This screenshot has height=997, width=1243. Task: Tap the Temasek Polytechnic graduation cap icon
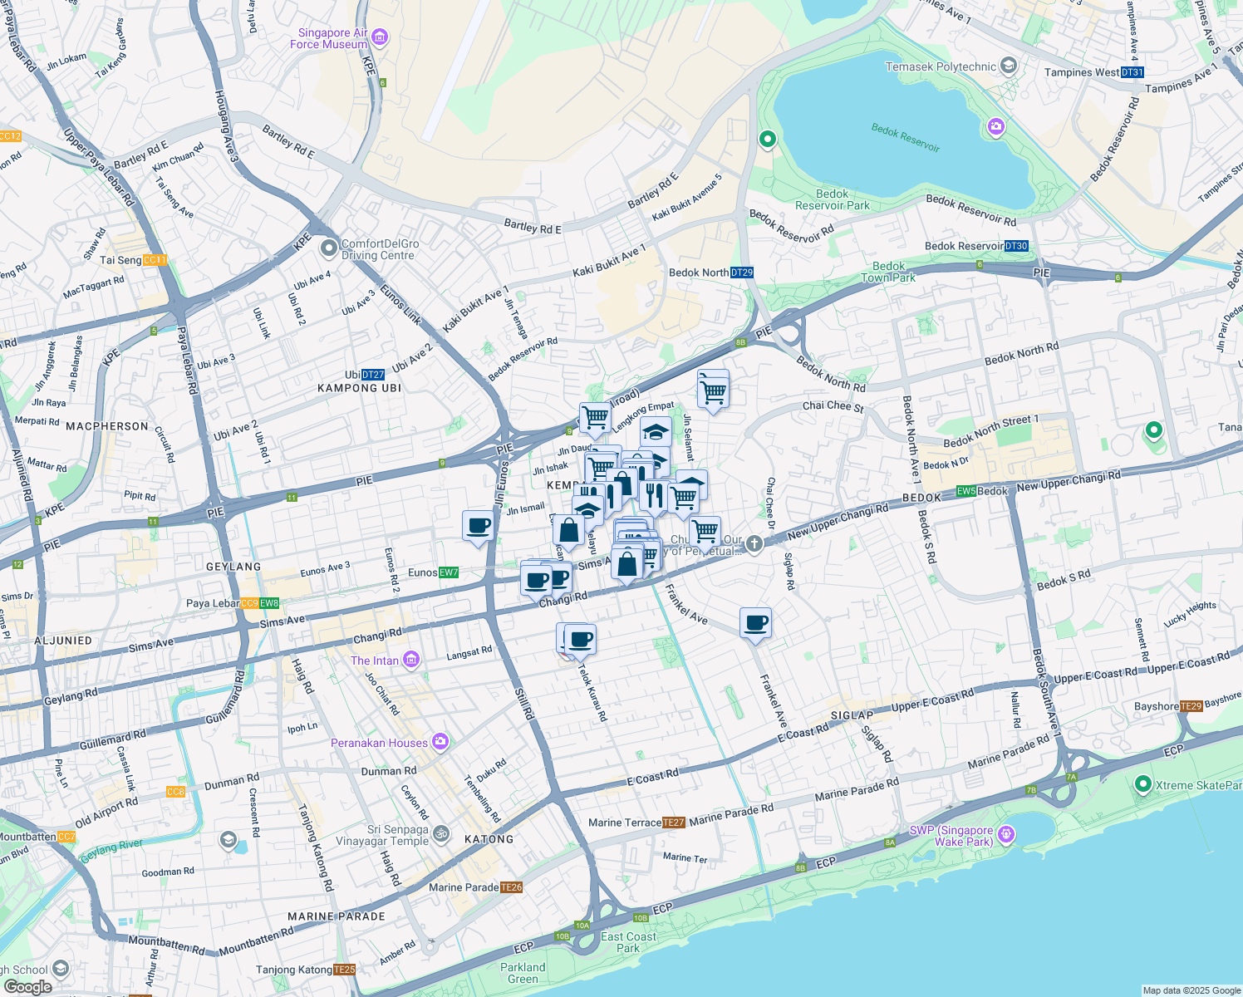(x=1009, y=66)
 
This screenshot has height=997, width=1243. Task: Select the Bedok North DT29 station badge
(x=742, y=273)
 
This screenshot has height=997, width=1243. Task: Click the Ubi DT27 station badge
(x=373, y=375)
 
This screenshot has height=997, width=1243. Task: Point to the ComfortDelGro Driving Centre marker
(x=329, y=247)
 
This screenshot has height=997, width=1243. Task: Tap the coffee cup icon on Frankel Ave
(x=756, y=623)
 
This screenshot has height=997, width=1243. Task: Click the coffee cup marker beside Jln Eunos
(x=479, y=526)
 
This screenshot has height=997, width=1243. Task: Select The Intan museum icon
(x=410, y=661)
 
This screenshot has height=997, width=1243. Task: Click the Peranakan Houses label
(x=379, y=743)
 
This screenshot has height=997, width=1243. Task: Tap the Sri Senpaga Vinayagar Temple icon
(x=442, y=833)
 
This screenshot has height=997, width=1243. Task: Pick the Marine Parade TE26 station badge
(x=512, y=887)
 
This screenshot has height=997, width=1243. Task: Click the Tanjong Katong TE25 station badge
(x=344, y=970)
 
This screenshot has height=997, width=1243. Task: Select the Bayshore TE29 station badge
(x=1191, y=706)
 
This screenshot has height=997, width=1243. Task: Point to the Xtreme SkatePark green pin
(x=1142, y=783)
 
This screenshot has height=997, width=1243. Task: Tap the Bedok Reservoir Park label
(x=832, y=199)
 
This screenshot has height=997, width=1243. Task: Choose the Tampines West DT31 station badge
(x=1132, y=72)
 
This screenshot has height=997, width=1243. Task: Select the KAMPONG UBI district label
(x=359, y=388)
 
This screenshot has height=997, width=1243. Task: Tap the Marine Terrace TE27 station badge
(x=674, y=823)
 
